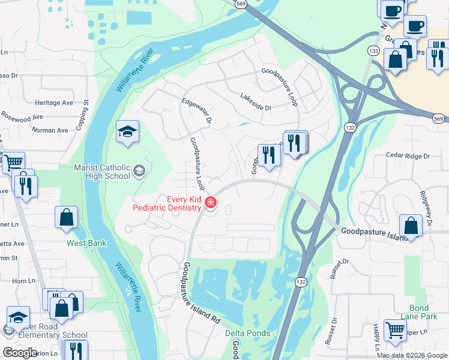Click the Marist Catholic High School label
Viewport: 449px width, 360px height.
click(101, 172)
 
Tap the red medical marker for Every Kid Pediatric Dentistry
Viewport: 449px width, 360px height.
click(211, 203)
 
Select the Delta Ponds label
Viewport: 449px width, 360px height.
click(247, 333)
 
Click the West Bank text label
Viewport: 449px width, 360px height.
click(86, 244)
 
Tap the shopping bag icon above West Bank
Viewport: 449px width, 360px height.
click(66, 217)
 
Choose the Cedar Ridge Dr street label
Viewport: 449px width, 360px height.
click(409, 156)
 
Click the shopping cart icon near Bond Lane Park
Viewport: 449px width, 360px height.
click(395, 330)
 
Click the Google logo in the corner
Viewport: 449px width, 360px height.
click(20, 353)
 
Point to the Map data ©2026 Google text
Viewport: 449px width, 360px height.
click(412, 355)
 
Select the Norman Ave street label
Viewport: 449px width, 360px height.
click(49, 130)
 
